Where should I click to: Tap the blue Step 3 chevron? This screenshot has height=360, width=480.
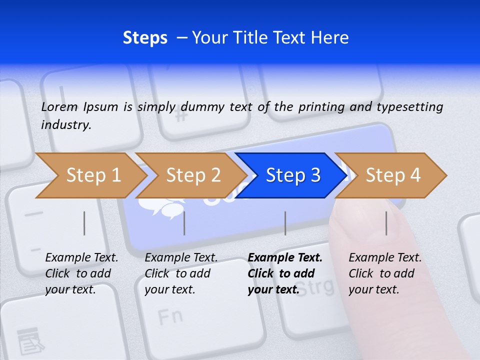pyautogui.click(x=293, y=175)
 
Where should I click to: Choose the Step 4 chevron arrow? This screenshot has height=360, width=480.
pyautogui.click(x=393, y=175)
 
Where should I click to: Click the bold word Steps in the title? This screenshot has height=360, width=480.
pyautogui.click(x=145, y=37)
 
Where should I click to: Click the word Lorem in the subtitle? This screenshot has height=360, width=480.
pyautogui.click(x=59, y=106)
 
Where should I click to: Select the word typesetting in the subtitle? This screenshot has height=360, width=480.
pyautogui.click(x=412, y=107)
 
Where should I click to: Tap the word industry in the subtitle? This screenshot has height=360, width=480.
pyautogui.click(x=65, y=125)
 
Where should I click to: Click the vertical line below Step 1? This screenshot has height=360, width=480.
pyautogui.click(x=84, y=223)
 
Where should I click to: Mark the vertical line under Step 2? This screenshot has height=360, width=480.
pyautogui.click(x=184, y=223)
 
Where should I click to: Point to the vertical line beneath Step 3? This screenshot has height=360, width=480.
pyautogui.click(x=285, y=223)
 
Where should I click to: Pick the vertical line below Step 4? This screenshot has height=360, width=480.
pyautogui.click(x=386, y=223)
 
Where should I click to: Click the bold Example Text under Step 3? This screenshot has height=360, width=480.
pyautogui.click(x=285, y=258)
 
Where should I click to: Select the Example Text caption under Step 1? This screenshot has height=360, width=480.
pyautogui.click(x=81, y=258)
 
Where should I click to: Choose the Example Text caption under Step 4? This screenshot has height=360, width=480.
pyautogui.click(x=385, y=258)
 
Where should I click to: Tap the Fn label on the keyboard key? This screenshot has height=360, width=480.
pyautogui.click(x=169, y=316)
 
